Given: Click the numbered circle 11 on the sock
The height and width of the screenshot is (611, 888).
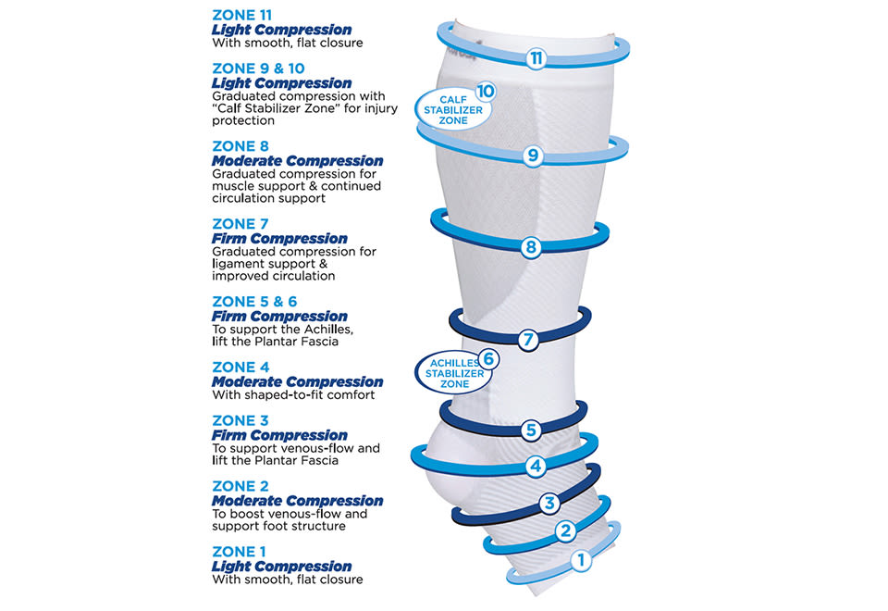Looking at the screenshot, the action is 536,58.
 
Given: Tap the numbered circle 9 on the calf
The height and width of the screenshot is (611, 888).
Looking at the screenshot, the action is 533,156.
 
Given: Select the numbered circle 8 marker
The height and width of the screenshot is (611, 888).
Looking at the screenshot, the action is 531,247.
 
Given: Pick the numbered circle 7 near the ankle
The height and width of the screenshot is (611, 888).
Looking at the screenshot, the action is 528,340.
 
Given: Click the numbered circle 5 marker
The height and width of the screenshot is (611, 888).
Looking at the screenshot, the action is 531,430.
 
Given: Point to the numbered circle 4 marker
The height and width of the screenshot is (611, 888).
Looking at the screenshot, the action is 536,467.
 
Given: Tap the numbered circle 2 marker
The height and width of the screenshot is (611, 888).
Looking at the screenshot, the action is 565,531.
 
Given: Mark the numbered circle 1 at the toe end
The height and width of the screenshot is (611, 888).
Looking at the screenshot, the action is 581,561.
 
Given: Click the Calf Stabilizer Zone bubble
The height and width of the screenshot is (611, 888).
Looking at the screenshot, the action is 453,109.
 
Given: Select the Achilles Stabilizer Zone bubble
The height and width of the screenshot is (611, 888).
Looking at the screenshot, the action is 454,373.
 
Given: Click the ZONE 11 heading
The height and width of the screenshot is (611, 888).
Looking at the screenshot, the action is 241,16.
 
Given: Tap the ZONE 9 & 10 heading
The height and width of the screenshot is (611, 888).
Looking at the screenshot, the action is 258,69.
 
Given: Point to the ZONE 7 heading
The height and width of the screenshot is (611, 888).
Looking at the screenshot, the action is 240,224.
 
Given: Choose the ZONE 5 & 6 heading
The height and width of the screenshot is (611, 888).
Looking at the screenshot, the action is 254,302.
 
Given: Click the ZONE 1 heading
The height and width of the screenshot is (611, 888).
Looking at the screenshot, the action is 239,552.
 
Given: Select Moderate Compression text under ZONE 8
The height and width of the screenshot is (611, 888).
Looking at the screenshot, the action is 297,161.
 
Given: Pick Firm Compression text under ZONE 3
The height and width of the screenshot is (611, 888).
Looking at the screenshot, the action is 279,435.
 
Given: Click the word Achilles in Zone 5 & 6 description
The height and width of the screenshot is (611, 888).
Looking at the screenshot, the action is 328,330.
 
